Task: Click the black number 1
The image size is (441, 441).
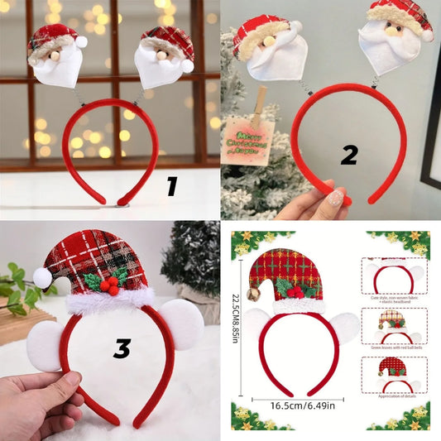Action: pyautogui.click(x=171, y=187)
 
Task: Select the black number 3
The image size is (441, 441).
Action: pyautogui.click(x=122, y=348)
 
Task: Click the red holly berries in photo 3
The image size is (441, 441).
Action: pyautogui.click(x=108, y=285)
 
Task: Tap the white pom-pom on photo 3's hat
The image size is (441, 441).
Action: pyautogui.click(x=42, y=278)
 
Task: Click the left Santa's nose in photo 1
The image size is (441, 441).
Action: pyautogui.click(x=55, y=56)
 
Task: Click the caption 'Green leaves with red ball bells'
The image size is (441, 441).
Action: pyautogui.click(x=394, y=348)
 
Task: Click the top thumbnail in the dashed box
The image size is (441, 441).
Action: pyautogui.click(x=394, y=277)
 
